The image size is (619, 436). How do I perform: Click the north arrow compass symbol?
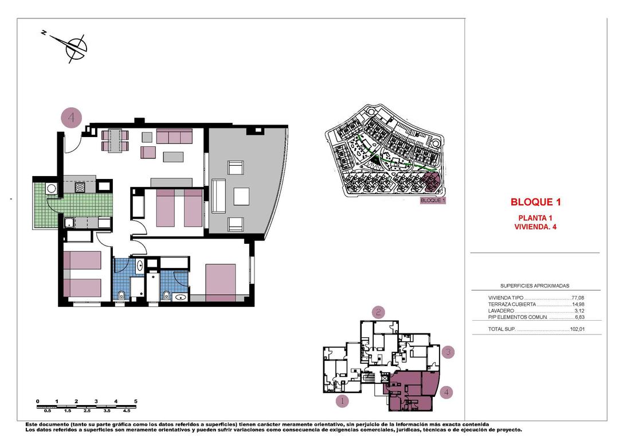tap(75, 47)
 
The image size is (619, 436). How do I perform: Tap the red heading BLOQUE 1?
tap(535, 202)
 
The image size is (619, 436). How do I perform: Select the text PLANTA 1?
tap(535, 217)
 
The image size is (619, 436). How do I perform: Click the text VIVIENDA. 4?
tap(535, 227)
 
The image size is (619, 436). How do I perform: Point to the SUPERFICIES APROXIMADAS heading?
tap(535, 286)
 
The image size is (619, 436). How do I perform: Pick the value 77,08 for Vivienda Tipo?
tap(577, 298)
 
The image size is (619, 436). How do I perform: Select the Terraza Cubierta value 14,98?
tap(577, 304)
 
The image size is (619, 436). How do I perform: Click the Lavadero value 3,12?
tap(579, 310)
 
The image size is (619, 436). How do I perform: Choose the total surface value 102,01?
tap(576, 329)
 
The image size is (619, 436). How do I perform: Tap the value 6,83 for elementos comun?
tap(579, 317)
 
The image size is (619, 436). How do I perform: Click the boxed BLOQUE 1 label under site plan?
tap(433, 201)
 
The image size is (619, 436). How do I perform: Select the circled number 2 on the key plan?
tap(378, 312)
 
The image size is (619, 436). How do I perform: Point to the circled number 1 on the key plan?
tap(342, 401)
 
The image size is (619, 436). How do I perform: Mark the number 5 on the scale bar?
tap(136, 401)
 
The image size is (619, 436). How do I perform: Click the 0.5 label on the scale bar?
tap(48, 411)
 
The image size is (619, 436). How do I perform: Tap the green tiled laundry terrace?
tap(43, 204)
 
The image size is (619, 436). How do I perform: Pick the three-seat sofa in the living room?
tap(174, 136)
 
